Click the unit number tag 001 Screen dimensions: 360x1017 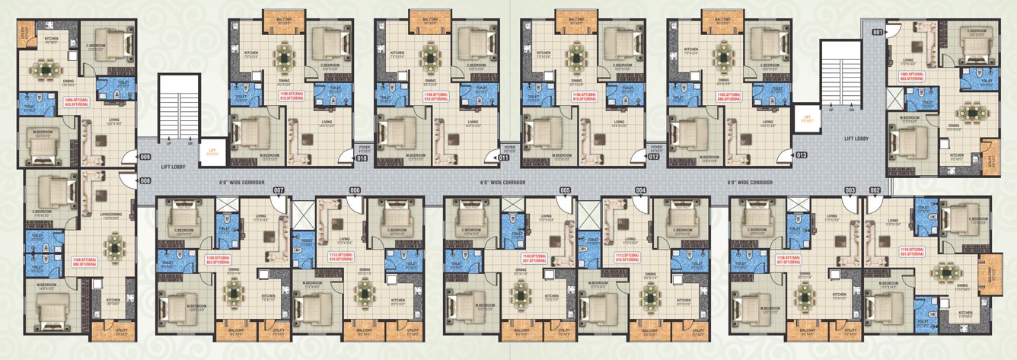878,32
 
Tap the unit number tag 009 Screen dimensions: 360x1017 145,158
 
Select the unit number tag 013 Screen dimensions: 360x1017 802,155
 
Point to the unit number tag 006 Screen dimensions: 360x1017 355,190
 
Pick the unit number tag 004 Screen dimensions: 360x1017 641,190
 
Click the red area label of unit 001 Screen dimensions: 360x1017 911,76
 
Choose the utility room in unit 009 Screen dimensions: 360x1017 28,32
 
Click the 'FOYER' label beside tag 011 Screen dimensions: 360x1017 509,148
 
